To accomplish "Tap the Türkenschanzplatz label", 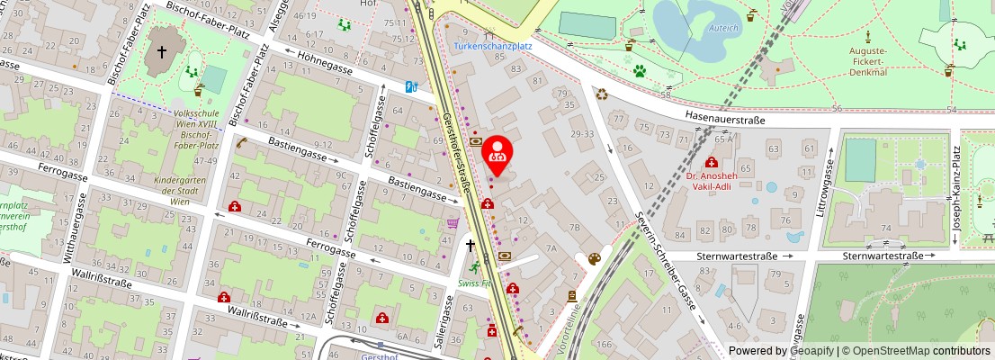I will click(493, 44).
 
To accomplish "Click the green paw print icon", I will click(640, 70).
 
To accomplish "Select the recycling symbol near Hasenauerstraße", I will click(601, 92).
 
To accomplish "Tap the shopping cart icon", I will click(453, 222).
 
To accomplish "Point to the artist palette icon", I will click(594, 259).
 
